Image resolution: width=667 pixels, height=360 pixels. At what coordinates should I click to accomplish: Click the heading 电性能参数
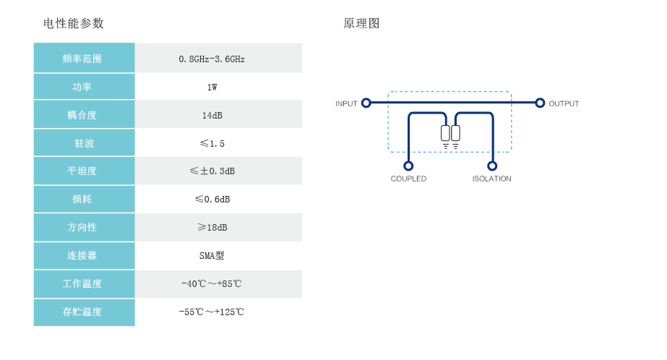pos(74,23)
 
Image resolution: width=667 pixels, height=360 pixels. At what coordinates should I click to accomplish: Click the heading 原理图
pos(361,23)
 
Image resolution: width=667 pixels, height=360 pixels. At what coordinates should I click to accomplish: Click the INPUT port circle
pos(366,103)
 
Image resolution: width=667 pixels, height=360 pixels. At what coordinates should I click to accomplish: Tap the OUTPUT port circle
pos(540,103)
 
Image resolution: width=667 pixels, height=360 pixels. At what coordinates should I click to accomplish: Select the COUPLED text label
pos(408,179)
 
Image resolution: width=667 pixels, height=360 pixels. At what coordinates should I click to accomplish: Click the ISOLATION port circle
pos(492,166)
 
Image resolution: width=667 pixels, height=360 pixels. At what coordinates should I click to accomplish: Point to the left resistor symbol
pos(445,133)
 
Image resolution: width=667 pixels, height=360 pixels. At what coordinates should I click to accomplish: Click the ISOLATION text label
pos(492,179)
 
